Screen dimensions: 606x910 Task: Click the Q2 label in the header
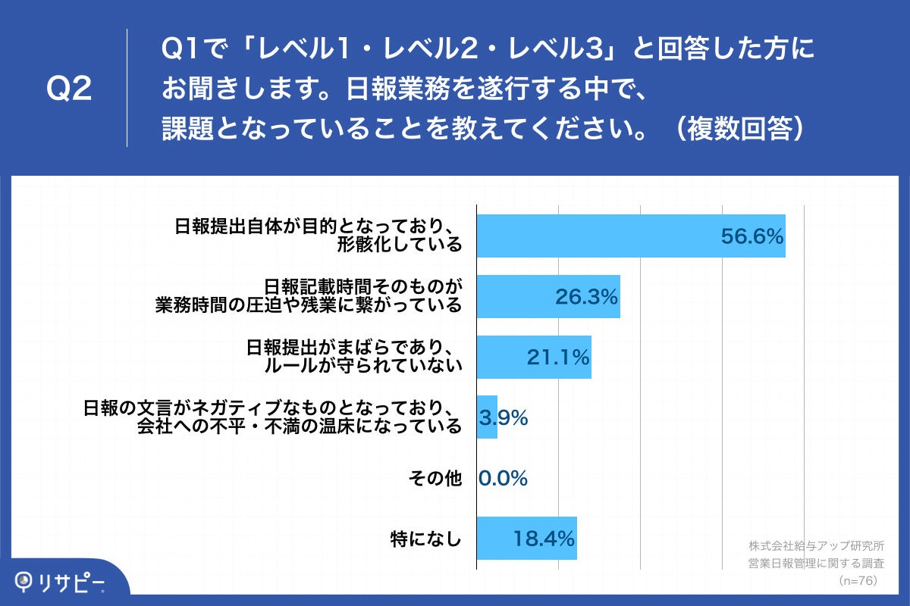(x=69, y=89)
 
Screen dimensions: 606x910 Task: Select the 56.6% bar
(x=630, y=236)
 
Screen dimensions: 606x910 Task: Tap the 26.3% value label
(x=586, y=297)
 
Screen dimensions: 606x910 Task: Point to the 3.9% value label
(x=504, y=417)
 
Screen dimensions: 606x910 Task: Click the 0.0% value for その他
(x=503, y=478)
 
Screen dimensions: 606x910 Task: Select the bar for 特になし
(x=526, y=539)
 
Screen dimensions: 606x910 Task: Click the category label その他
(x=435, y=478)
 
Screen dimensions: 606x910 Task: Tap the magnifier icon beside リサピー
(x=26, y=581)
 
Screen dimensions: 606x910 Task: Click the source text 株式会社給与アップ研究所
(x=816, y=545)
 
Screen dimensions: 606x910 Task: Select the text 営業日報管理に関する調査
(x=816, y=563)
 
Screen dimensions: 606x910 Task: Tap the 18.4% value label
(x=543, y=539)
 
